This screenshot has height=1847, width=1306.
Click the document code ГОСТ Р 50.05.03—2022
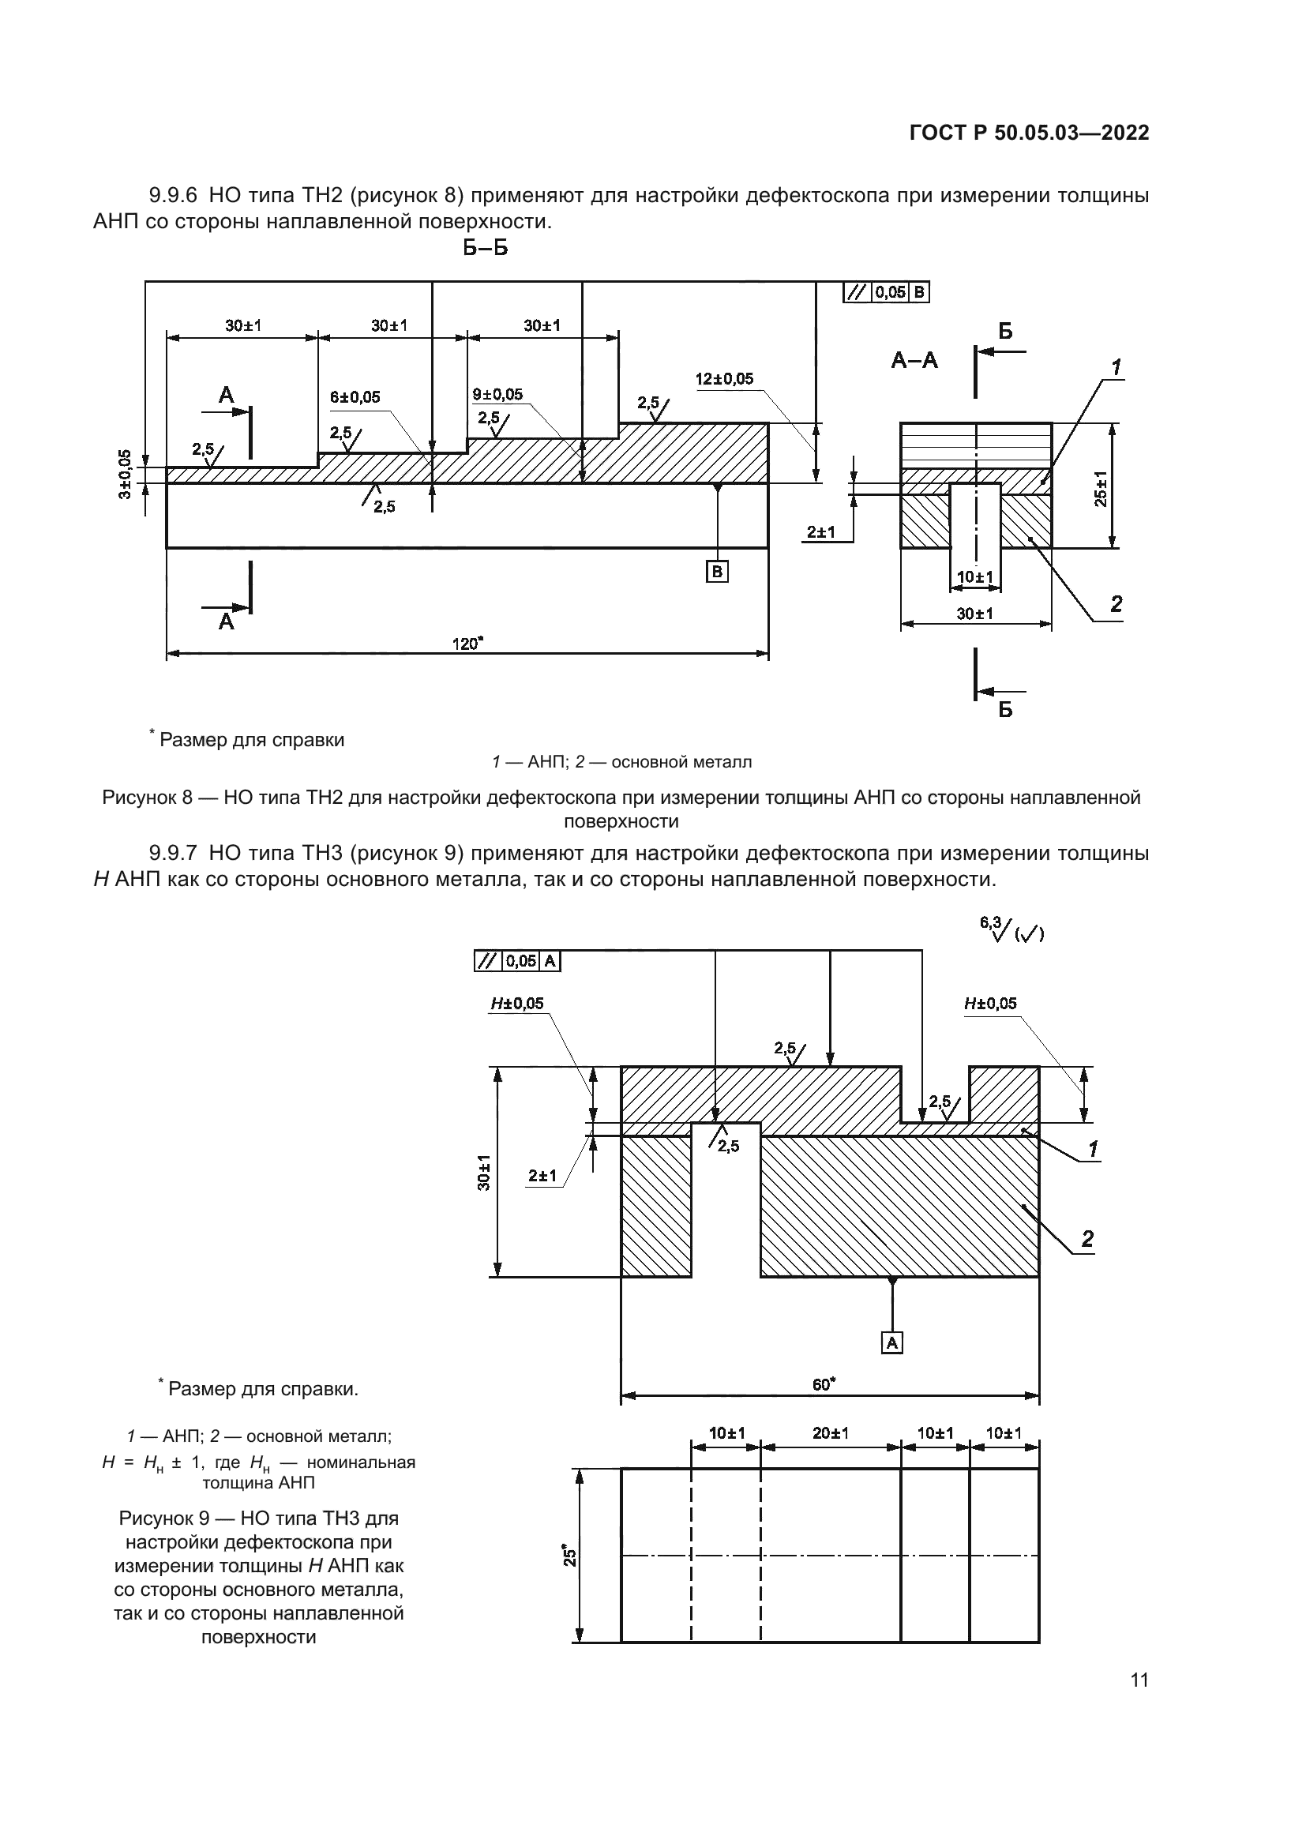1029,133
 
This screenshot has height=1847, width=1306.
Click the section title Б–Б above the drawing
485,248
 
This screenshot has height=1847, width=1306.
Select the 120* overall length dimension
467,644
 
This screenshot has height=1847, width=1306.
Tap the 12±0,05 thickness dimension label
725,379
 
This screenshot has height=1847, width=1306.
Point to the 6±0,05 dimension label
355,397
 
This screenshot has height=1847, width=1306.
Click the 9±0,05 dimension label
497,394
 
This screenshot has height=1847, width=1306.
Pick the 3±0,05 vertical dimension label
125,475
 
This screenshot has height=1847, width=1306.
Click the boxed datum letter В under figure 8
716,571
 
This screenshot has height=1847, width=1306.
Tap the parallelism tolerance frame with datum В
886,292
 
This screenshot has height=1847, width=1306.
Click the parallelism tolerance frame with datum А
518,960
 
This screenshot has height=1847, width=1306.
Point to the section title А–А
914,359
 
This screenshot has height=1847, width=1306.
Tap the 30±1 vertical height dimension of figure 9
482,1172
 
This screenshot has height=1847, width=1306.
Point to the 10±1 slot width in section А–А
974,576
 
